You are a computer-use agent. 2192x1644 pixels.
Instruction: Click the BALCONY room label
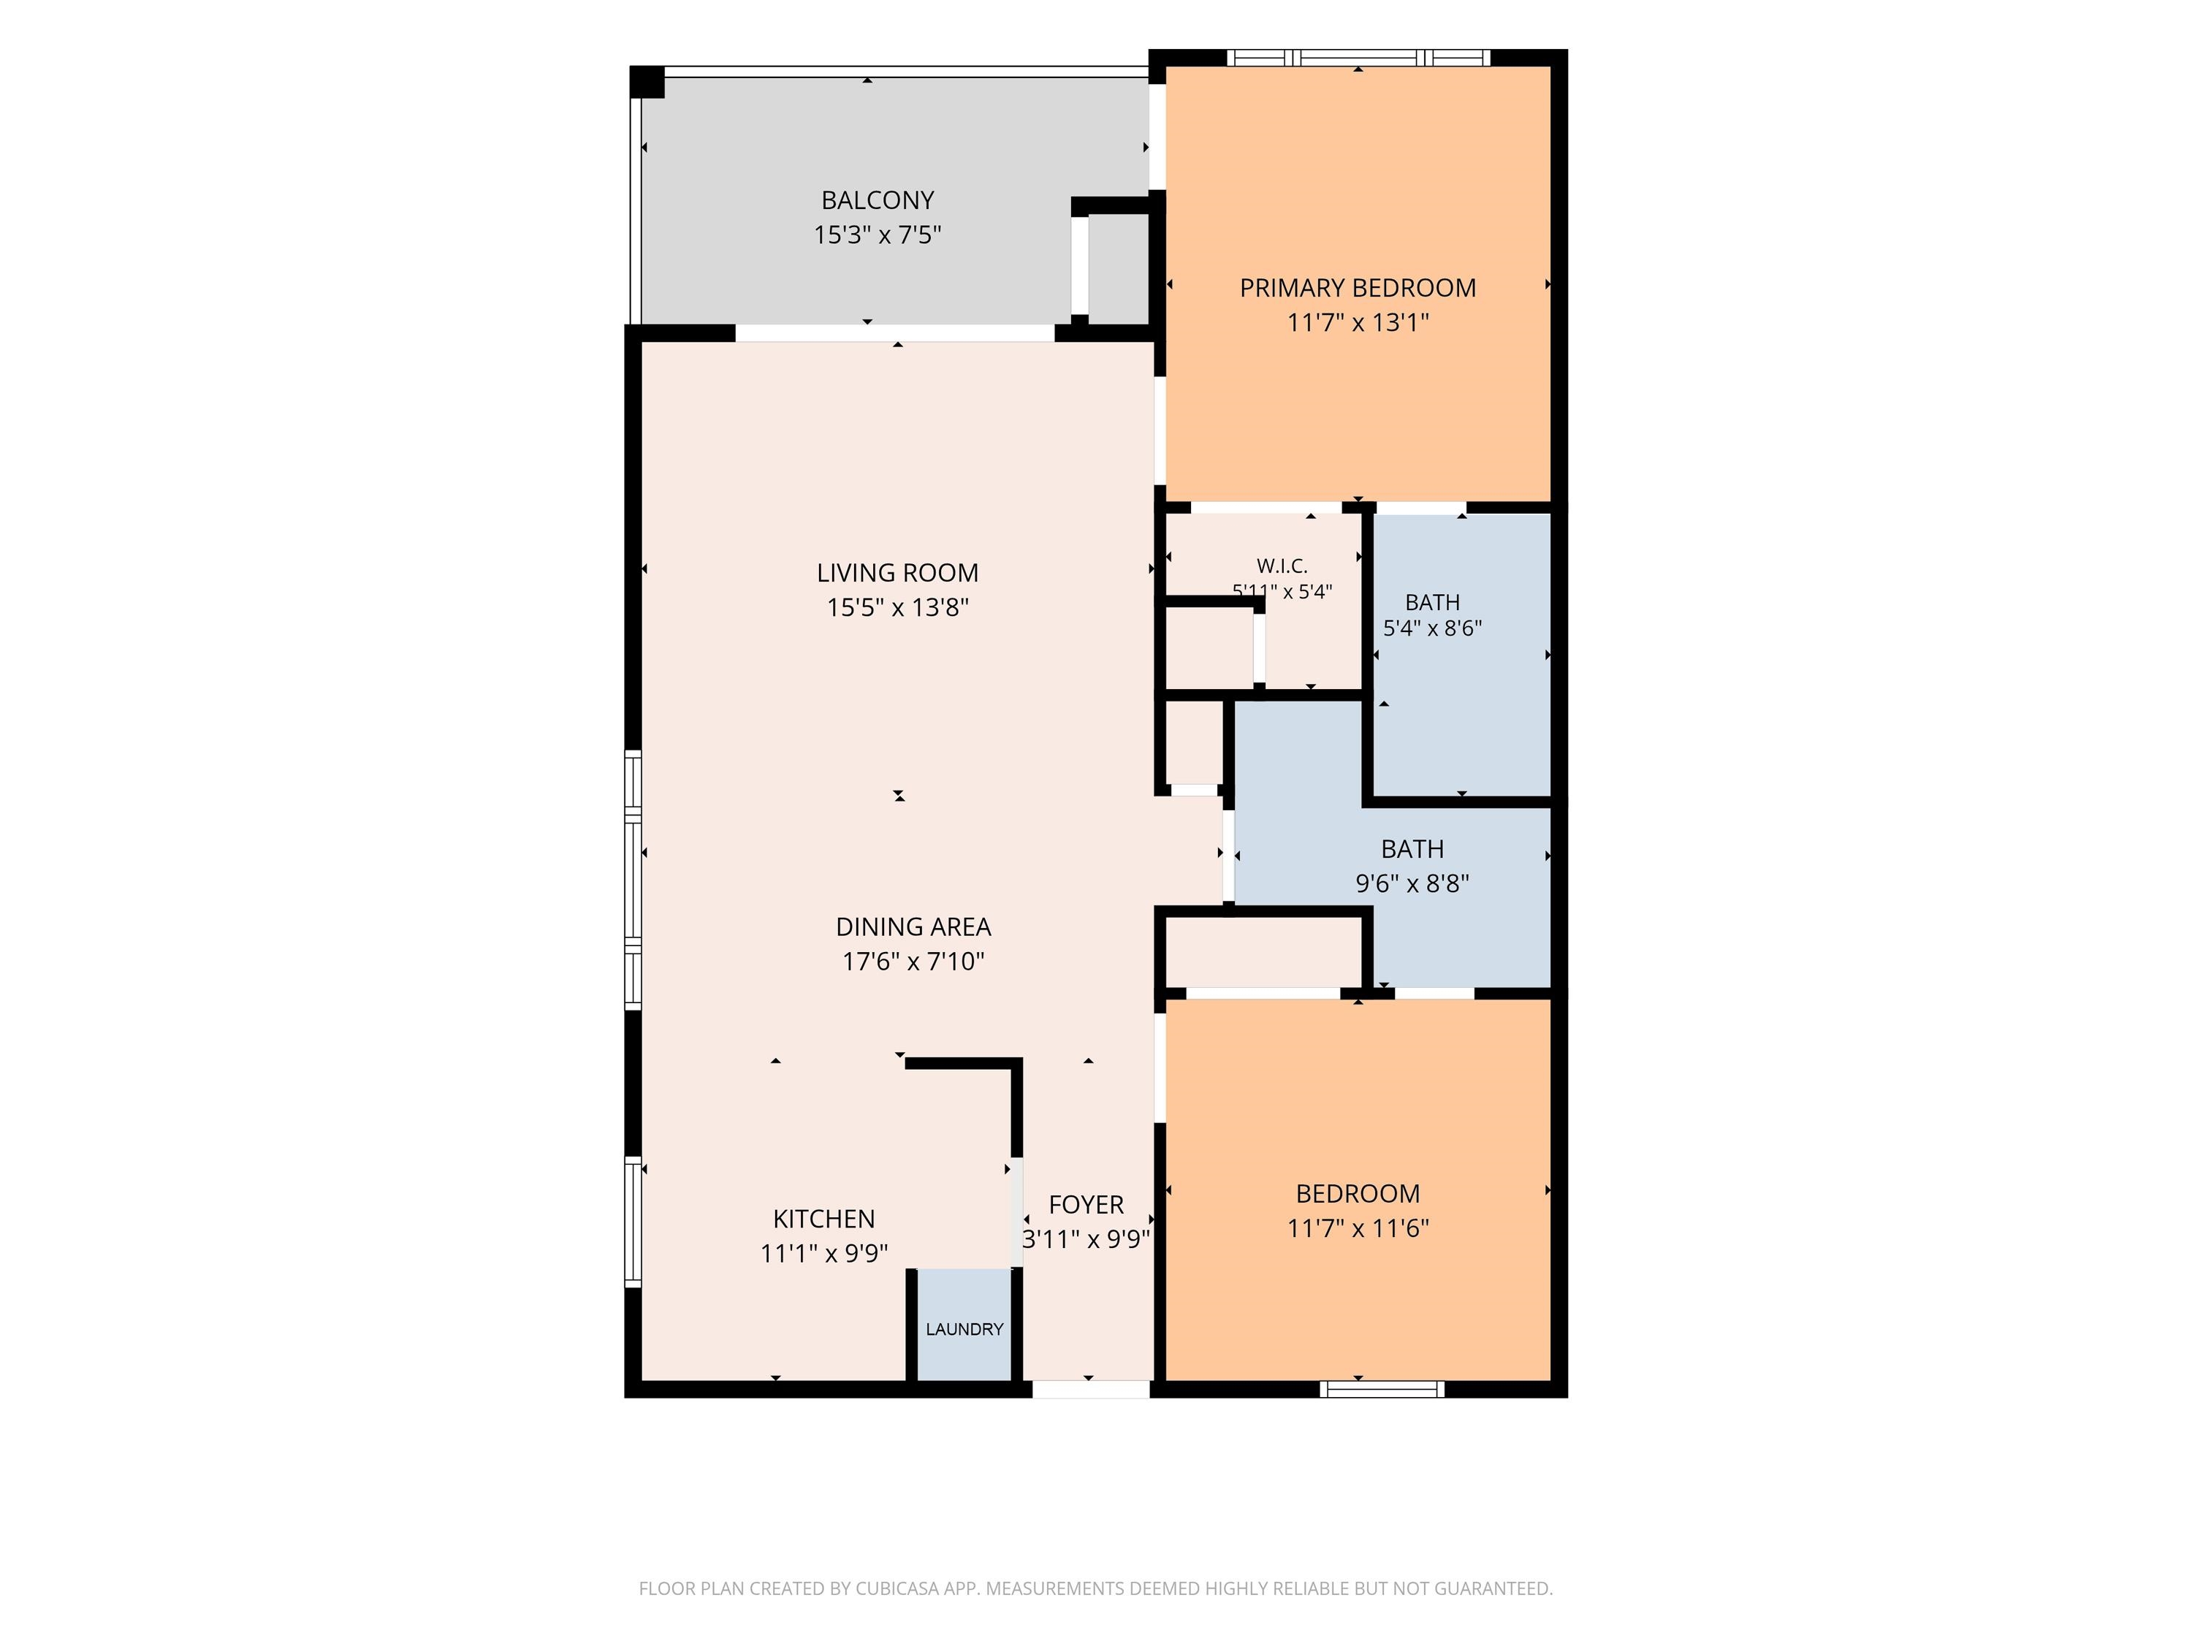877,200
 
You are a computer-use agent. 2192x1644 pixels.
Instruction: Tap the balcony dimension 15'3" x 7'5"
877,235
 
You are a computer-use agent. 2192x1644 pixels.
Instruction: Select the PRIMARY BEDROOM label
1358,289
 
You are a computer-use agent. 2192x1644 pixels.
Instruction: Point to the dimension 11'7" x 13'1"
1358,323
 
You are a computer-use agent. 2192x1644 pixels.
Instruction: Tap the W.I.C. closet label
1282,566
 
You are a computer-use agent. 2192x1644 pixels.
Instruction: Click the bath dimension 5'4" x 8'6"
1433,628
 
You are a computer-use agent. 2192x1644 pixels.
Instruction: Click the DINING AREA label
913,927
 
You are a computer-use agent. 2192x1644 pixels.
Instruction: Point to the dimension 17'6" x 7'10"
913,962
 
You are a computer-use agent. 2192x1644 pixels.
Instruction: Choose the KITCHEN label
823,1219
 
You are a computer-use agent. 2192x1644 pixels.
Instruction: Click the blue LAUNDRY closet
964,1324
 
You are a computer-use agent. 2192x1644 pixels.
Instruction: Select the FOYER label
1086,1205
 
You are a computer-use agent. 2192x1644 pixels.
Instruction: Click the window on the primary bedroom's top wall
1358,58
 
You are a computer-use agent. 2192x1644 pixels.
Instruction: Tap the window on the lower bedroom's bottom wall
1382,1389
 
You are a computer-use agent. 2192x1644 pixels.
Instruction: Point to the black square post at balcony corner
647,83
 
